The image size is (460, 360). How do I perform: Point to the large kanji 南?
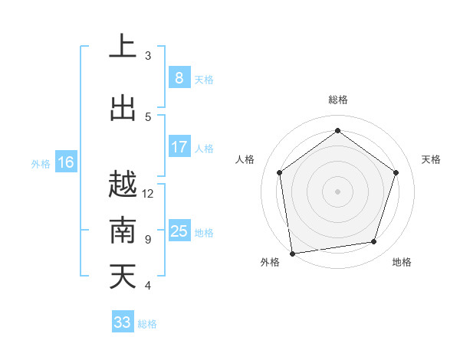pyautogui.click(x=123, y=231)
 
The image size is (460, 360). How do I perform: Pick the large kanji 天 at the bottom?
pyautogui.click(x=123, y=277)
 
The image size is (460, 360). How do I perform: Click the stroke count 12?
pyautogui.click(x=148, y=194)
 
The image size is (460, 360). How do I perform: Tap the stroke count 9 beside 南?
pyautogui.click(x=148, y=240)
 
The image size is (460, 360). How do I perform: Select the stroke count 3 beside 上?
pyautogui.click(x=148, y=56)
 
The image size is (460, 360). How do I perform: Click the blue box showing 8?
pyautogui.click(x=179, y=77)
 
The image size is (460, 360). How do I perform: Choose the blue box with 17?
pyautogui.click(x=179, y=147)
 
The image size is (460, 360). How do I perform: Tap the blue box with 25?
pyautogui.click(x=179, y=231)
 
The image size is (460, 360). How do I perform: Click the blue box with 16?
pyautogui.click(x=65, y=162)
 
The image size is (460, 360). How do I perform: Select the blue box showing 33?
pyautogui.click(x=123, y=322)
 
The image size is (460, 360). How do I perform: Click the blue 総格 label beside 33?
pyautogui.click(x=147, y=324)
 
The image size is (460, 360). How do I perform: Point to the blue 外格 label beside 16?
pyautogui.click(x=41, y=163)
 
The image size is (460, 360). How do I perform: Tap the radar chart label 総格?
pyautogui.click(x=337, y=100)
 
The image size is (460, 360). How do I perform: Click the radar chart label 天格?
pyautogui.click(x=432, y=159)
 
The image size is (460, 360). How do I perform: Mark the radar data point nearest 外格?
pyautogui.click(x=292, y=253)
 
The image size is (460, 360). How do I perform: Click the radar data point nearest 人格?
pyautogui.click(x=279, y=172)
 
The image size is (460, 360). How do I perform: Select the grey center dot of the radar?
pyautogui.click(x=337, y=191)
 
